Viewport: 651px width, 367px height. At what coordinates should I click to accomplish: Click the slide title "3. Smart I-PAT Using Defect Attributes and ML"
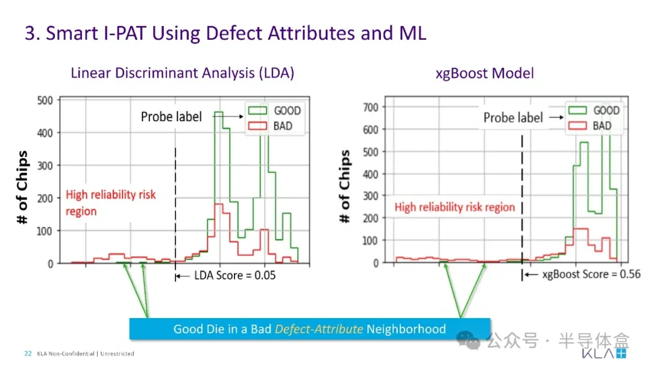tap(225, 33)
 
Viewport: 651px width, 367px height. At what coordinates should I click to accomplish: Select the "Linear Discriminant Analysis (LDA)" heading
tap(182, 73)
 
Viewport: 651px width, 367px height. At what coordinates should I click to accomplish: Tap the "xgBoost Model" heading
tap(485, 74)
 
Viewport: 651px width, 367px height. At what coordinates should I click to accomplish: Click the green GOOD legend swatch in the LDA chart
tap(257, 110)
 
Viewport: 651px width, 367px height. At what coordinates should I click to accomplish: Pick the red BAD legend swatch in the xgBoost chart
tap(577, 126)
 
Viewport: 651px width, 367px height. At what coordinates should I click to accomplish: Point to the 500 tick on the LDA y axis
tap(45, 101)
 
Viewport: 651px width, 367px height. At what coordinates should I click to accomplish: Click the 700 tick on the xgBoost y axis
tap(370, 107)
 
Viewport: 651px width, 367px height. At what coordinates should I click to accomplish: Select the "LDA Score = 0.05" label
tap(234, 275)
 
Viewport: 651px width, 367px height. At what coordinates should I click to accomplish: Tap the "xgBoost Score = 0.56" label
tap(591, 274)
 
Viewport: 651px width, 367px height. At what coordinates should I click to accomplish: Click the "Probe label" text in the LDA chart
tap(171, 116)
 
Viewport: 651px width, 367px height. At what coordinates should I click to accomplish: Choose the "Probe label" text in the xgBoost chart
tap(513, 118)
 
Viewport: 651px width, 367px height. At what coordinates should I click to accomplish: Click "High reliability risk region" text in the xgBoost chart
tap(454, 207)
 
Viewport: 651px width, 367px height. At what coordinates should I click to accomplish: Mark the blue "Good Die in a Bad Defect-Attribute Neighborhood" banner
tap(310, 329)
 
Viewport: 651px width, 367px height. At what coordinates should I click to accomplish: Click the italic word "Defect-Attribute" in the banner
tap(319, 329)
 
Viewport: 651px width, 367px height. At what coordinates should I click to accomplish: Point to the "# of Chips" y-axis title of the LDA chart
tap(22, 187)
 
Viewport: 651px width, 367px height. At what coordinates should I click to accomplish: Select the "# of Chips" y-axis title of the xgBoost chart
tap(345, 186)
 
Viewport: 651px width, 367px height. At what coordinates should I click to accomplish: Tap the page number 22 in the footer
tap(28, 354)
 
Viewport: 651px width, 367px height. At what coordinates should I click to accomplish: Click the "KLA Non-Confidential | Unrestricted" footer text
tap(86, 354)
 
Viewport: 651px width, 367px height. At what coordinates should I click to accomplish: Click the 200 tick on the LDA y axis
tap(45, 198)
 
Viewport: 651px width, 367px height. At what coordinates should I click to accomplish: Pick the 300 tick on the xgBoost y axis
tap(370, 196)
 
